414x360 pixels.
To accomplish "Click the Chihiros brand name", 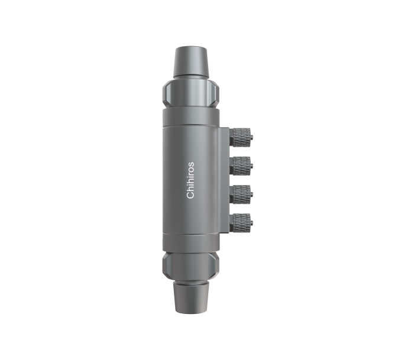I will pos(190,180).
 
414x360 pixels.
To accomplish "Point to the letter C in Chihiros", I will pos(190,194).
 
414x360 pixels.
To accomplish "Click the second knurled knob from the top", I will pos(241,166).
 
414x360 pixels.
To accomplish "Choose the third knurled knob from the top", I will pos(241,194).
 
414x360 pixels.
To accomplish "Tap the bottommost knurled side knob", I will pos(241,222).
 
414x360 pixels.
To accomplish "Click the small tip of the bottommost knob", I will pos(251,222).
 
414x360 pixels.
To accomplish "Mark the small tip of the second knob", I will pos(251,166).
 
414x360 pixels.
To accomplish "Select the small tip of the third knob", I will pos(251,194).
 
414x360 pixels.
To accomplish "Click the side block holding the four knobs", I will pos(224,180).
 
